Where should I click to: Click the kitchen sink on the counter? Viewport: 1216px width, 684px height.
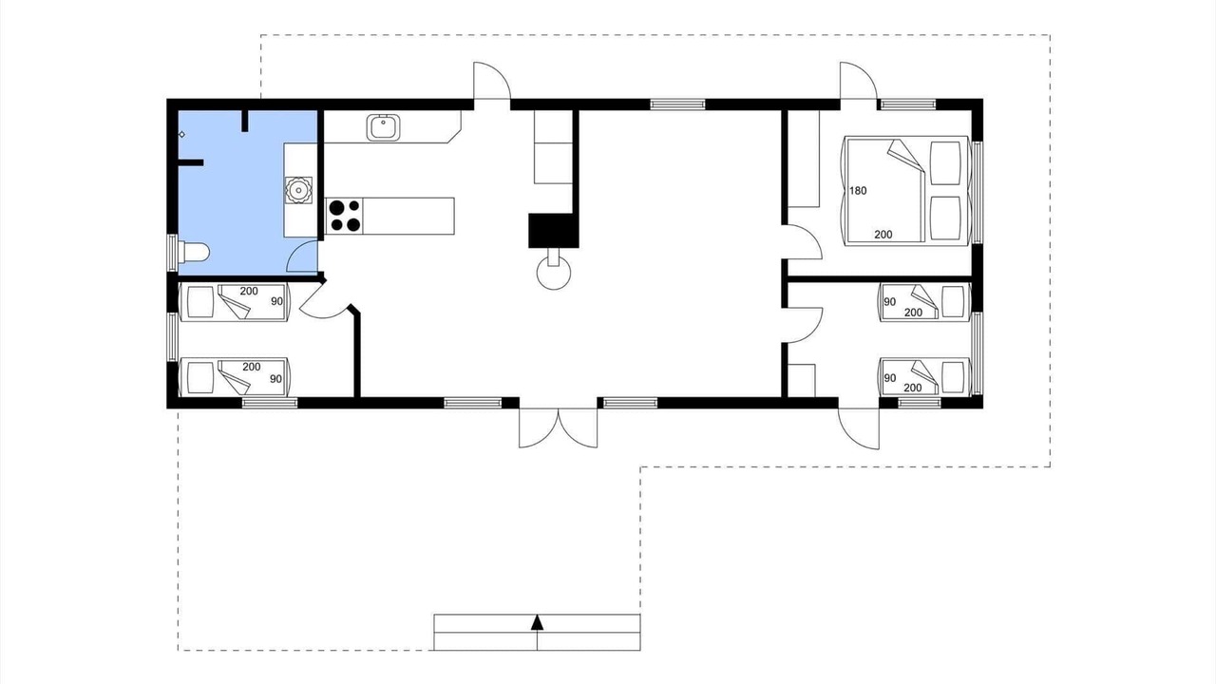pyautogui.click(x=384, y=127)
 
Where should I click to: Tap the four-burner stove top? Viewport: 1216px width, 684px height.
pyautogui.click(x=345, y=216)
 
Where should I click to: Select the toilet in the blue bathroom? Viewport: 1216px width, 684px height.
pyautogui.click(x=194, y=252)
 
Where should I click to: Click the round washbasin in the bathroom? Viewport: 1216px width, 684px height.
pyautogui.click(x=298, y=190)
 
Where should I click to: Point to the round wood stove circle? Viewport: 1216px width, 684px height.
pyautogui.click(x=554, y=273)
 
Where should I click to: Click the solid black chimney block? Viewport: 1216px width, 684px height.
pyautogui.click(x=554, y=230)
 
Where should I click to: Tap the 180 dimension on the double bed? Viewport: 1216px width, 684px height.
pyautogui.click(x=858, y=191)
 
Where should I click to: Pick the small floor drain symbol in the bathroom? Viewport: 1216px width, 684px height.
pyautogui.click(x=181, y=134)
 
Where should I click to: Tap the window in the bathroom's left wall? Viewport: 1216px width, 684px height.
pyautogui.click(x=172, y=253)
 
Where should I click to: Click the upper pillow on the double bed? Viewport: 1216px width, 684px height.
pyautogui.click(x=945, y=162)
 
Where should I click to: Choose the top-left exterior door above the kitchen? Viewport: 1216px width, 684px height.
pyautogui.click(x=492, y=82)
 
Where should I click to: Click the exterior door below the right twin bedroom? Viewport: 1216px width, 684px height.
pyautogui.click(x=858, y=428)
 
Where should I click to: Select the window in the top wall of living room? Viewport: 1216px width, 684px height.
pyautogui.click(x=677, y=104)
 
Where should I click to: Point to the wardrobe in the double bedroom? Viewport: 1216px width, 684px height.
pyautogui.click(x=804, y=159)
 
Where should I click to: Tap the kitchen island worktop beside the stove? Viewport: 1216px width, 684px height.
pyautogui.click(x=408, y=216)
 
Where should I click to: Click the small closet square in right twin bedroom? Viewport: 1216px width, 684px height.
pyautogui.click(x=802, y=381)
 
